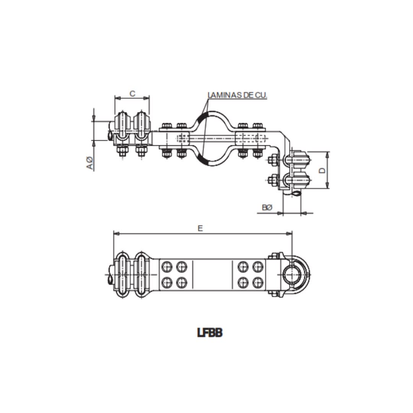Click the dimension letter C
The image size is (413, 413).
point(132,93)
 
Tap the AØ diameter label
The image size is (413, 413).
point(89,163)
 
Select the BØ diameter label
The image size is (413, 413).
point(267,208)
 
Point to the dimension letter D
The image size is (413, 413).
point(322,170)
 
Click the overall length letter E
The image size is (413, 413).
point(200,228)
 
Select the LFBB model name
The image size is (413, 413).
point(210,333)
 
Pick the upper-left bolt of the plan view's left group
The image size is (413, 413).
point(167,266)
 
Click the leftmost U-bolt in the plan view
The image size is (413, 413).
point(122,274)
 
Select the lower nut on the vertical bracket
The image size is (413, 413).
point(273,180)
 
